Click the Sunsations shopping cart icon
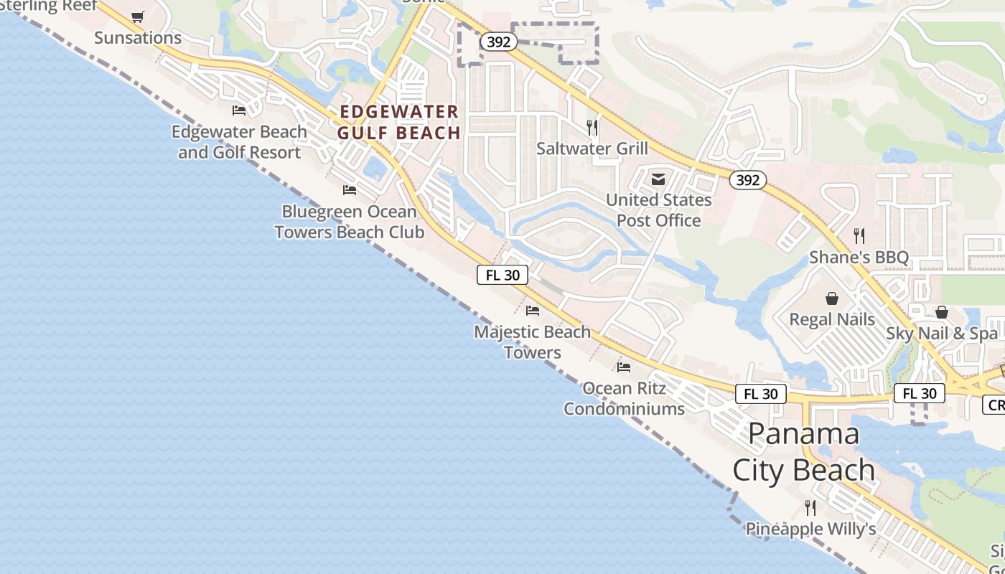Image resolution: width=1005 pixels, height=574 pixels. click(x=138, y=17)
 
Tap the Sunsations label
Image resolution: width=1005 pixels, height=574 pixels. click(x=138, y=37)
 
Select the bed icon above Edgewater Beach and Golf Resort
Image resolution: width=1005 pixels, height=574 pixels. click(x=239, y=110)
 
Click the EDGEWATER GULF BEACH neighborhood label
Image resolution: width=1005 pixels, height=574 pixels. click(x=399, y=122)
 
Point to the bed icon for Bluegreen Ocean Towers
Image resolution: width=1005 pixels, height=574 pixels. click(x=350, y=190)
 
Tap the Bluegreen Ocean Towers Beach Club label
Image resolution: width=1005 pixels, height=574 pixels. click(x=349, y=222)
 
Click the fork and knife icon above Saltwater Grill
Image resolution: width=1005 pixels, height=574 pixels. click(x=592, y=127)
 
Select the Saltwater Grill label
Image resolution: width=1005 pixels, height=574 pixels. click(x=592, y=149)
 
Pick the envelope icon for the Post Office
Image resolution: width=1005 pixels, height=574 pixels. click(x=658, y=179)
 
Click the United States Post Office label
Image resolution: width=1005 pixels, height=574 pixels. click(x=659, y=210)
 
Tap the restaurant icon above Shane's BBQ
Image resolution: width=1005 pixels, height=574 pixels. click(x=859, y=235)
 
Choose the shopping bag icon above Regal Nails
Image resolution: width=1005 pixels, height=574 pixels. click(x=832, y=298)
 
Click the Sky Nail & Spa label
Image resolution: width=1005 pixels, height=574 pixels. click(x=942, y=333)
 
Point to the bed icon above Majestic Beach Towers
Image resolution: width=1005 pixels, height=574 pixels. click(x=533, y=311)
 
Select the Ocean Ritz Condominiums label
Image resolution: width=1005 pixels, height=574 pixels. click(x=624, y=398)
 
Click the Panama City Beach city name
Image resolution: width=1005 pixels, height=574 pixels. click(x=804, y=452)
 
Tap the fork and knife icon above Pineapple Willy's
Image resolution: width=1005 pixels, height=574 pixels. click(x=810, y=508)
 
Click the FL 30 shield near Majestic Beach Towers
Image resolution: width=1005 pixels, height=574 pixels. click(x=502, y=275)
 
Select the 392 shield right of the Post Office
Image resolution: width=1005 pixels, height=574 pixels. click(x=747, y=180)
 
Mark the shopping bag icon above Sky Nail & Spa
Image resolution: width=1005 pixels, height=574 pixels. click(x=942, y=312)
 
